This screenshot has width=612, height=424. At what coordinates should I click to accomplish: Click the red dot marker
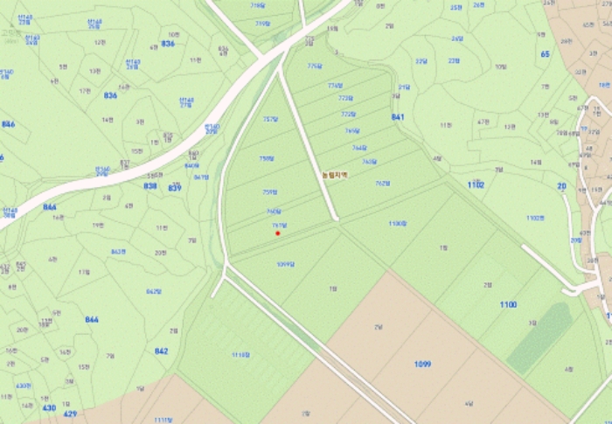pos(277,233)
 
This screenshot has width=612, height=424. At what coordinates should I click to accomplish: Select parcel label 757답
pos(270,119)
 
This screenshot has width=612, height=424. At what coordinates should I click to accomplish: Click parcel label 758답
pos(267,158)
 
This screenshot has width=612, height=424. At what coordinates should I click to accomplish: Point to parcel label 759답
pos(269,191)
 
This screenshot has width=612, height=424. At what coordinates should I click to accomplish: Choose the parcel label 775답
pos(315,66)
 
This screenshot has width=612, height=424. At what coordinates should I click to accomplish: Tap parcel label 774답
pos(335,86)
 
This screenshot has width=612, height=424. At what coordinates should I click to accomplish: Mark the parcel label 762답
pos(382,184)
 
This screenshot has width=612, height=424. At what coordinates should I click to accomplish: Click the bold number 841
pos(399,116)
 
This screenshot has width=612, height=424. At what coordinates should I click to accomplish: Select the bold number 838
pos(150,185)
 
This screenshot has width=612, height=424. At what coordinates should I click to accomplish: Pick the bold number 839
pos(175,187)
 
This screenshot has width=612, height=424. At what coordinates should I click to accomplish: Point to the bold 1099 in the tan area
pos(422,364)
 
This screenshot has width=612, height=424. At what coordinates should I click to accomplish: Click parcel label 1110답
pos(241,355)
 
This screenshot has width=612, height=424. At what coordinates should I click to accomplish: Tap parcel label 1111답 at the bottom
pos(163,420)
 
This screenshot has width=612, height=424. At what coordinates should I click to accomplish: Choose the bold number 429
pos(71,414)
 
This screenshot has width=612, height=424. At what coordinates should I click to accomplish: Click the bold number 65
pos(546,54)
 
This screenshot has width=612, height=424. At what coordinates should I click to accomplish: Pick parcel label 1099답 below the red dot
pos(285,263)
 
